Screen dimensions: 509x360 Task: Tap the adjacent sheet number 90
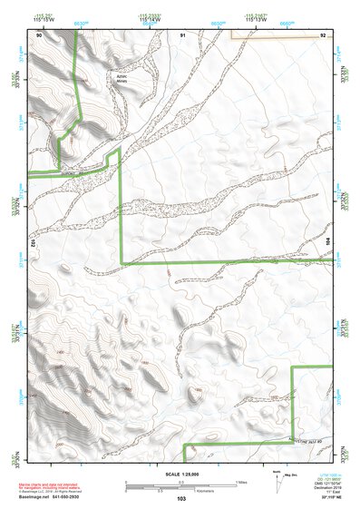click(x=39, y=34)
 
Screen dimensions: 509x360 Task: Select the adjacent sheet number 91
click(x=182, y=34)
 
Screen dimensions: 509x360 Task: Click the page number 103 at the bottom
click(x=181, y=498)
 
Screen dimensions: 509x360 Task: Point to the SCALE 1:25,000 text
click(x=180, y=474)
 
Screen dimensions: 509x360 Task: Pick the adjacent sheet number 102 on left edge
click(x=34, y=243)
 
